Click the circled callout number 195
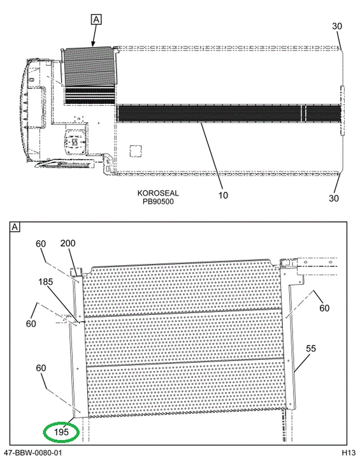(x=61, y=432)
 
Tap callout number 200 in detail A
(x=68, y=244)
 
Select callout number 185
(x=46, y=282)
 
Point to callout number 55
(x=311, y=348)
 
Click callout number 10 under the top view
(x=223, y=195)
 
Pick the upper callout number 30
(x=337, y=26)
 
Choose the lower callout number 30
(x=334, y=198)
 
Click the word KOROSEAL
(x=158, y=193)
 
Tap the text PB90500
(x=158, y=201)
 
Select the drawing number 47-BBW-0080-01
(x=32, y=453)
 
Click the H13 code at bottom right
(x=349, y=453)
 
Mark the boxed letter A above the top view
(x=96, y=20)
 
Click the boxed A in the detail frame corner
(x=15, y=227)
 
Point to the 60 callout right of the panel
(x=324, y=308)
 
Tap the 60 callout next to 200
(x=41, y=244)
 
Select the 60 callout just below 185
(x=31, y=323)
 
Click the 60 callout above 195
(x=41, y=368)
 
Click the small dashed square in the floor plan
(x=136, y=152)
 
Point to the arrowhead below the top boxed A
(x=93, y=44)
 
